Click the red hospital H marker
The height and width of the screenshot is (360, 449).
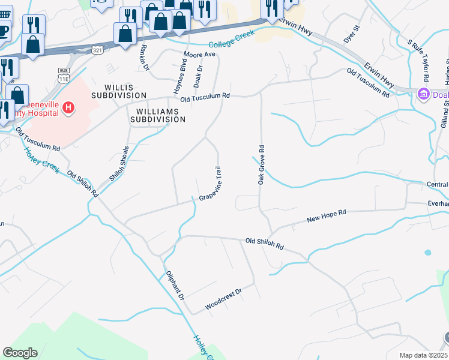pyautogui.click(x=68, y=108)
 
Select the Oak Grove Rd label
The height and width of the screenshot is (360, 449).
pyautogui.click(x=261, y=164)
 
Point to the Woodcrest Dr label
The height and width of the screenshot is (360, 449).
pyautogui.click(x=223, y=298)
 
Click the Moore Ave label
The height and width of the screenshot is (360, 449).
pyautogui.click(x=199, y=54)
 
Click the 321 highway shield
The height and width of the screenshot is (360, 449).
pyautogui.click(x=97, y=51)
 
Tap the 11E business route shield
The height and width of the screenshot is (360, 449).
pyautogui.click(x=63, y=74)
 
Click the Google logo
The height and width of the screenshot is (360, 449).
pyautogui.click(x=20, y=353)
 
